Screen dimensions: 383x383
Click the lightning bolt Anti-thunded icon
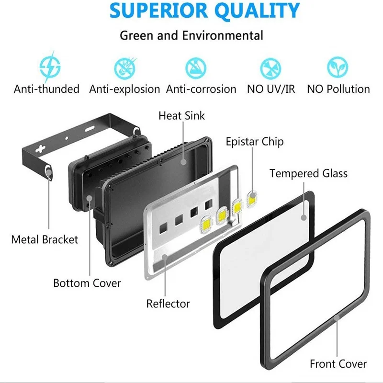pos(50,67)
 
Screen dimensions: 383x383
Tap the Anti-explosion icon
pos(125,68)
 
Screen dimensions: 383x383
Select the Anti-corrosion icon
pos(196,68)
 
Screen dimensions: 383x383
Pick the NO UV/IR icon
pos(270,68)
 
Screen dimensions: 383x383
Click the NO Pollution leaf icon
pos(338,67)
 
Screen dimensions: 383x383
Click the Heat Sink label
pos(181,115)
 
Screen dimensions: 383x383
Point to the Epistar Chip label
pos(255,142)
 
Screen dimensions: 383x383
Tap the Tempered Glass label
pos(308,173)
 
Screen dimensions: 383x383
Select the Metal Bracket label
pos(45,239)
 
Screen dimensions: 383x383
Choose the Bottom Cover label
pos(87,283)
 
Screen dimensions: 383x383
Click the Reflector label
pos(168,304)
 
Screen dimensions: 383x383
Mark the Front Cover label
pos(338,364)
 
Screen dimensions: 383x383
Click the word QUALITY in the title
pos(257,11)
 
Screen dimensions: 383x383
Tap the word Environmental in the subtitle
pos(223,35)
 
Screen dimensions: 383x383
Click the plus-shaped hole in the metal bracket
pos(40,148)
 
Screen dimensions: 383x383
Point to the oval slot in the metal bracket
pos(90,128)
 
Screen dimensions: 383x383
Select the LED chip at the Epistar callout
pos(252,200)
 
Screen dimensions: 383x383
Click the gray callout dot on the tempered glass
pos(304,217)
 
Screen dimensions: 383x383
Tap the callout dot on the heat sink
pos(184,162)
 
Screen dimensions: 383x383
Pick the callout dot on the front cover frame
pos(337,318)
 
